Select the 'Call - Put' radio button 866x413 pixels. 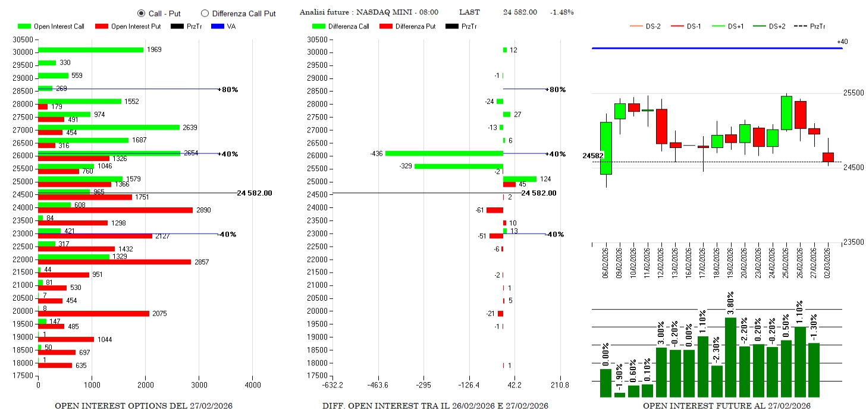[x=141, y=12]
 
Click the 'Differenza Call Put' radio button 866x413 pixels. [x=205, y=12]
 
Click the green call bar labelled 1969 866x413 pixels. [x=90, y=50]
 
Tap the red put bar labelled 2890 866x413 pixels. [x=115, y=210]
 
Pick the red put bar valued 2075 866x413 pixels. [x=93, y=313]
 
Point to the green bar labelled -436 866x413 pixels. [x=444, y=153]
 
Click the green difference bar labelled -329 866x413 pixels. [x=459, y=166]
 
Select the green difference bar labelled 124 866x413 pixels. [x=519, y=179]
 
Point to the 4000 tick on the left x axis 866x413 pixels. [x=252, y=385]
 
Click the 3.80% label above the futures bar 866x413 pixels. [x=731, y=303]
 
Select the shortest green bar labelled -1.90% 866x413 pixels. [x=620, y=394]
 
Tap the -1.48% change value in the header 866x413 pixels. [x=561, y=12]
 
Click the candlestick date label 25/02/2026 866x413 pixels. [x=786, y=261]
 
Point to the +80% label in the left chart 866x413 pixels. [x=230, y=89]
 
